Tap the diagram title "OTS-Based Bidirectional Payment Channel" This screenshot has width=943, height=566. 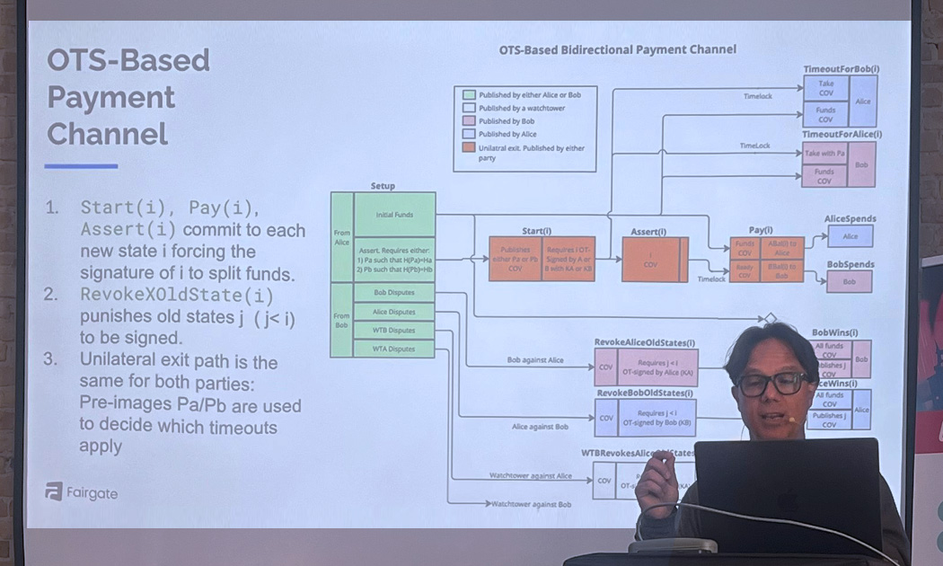(617, 49)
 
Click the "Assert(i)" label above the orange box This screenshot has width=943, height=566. (648, 231)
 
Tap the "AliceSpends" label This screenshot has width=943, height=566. (850, 218)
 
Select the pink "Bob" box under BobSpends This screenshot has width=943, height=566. (850, 281)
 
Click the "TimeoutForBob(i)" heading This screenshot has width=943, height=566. (841, 69)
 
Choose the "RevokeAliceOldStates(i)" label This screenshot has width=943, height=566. (644, 342)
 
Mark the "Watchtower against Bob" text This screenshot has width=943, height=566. (532, 504)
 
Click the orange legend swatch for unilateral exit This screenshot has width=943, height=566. (469, 147)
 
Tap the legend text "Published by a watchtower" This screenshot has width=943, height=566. (522, 108)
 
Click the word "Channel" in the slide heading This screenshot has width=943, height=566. (108, 134)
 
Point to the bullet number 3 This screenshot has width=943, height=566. (52, 359)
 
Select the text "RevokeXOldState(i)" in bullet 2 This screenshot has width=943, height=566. (176, 295)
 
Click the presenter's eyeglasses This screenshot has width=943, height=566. (771, 384)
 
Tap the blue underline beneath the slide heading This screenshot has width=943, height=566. (81, 166)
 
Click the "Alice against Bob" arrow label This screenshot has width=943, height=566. (540, 427)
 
